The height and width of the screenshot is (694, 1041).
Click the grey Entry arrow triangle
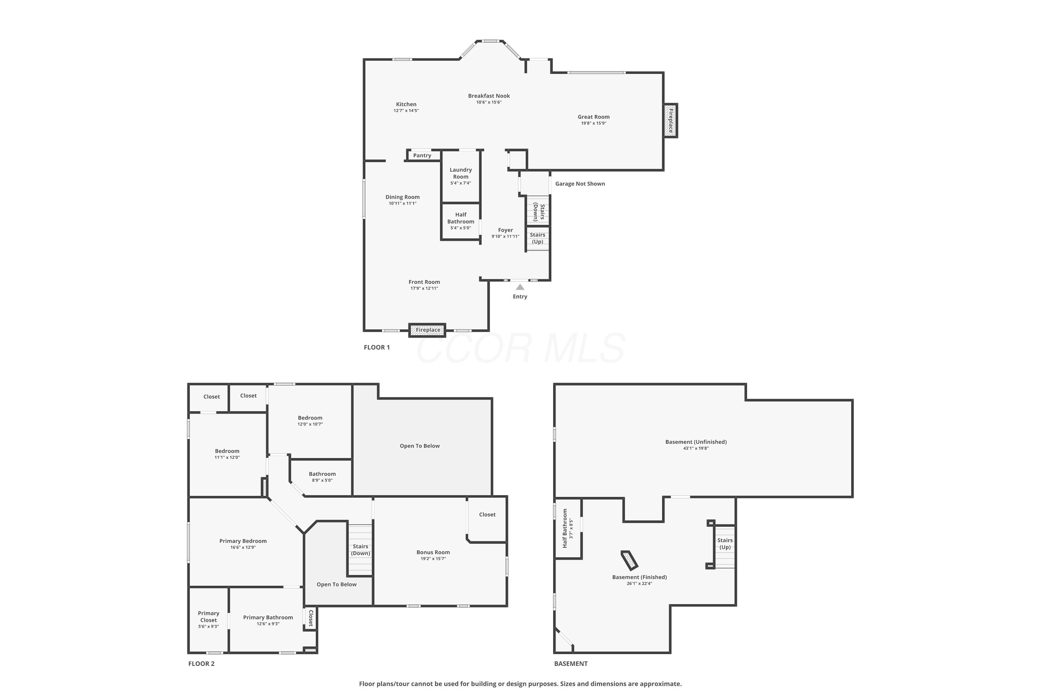(x=520, y=287)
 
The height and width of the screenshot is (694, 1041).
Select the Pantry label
(x=422, y=155)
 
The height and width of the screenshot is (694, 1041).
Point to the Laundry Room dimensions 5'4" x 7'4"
(x=461, y=183)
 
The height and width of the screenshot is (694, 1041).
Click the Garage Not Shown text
(x=580, y=184)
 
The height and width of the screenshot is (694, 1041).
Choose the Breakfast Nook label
(x=489, y=96)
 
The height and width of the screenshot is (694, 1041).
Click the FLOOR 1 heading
(x=376, y=347)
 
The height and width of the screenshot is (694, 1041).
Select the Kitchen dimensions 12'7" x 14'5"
(x=406, y=111)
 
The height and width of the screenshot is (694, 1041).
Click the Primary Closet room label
(x=209, y=617)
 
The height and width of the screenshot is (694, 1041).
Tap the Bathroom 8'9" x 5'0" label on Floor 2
(x=322, y=477)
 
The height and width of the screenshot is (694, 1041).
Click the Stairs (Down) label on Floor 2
(x=361, y=550)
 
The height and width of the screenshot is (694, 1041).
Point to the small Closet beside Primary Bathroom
(x=310, y=618)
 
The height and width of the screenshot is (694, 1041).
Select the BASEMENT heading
(x=571, y=663)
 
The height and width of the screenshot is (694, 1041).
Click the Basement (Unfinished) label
(x=696, y=442)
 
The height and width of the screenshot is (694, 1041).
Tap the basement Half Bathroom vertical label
(x=565, y=528)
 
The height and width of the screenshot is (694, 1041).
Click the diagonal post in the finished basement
(x=629, y=560)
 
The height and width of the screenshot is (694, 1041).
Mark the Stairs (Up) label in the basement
(x=725, y=543)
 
